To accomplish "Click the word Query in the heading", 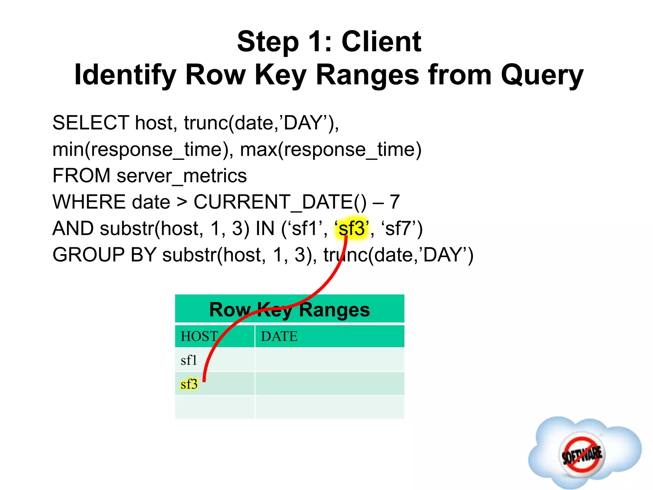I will (x=542, y=75).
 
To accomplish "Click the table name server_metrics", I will (x=182, y=176).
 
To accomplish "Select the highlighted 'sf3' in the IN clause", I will (x=352, y=228).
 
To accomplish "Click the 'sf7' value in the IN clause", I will (x=399, y=228).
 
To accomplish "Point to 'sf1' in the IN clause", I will (x=305, y=228).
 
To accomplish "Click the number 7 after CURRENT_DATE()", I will (x=395, y=202).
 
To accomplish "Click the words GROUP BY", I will (x=104, y=255).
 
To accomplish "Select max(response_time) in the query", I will (x=331, y=149).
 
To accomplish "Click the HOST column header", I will (x=200, y=337).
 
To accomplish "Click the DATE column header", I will (x=279, y=337).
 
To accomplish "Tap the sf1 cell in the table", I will (x=189, y=360).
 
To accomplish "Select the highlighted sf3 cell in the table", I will (x=189, y=384).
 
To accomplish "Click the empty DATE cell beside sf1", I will (x=329, y=360).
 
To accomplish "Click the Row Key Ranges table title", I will (x=290, y=309).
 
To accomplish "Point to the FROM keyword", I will (x=81, y=176).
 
